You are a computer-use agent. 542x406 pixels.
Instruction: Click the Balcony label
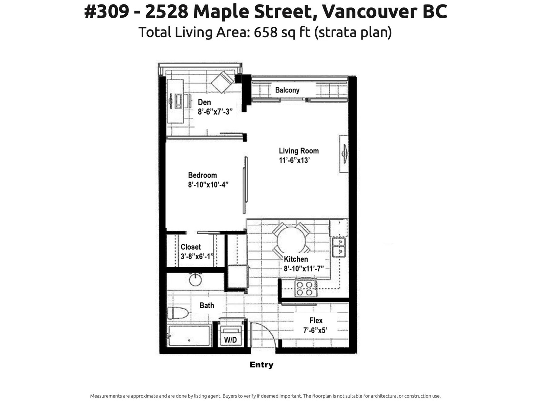[x=287, y=90]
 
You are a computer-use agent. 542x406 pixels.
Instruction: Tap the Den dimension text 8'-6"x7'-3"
[x=215, y=112]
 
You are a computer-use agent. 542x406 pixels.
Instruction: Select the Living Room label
[x=299, y=151]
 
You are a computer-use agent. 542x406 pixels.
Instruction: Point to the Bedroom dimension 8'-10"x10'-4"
[x=208, y=185]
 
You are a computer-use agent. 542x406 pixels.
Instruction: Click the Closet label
[x=191, y=247]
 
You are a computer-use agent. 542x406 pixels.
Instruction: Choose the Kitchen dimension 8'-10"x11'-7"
[x=304, y=268]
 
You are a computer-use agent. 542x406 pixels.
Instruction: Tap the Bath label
[x=207, y=306]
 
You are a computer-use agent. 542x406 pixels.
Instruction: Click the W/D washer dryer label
[x=230, y=340]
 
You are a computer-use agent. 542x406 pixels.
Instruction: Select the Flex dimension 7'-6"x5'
[x=315, y=330]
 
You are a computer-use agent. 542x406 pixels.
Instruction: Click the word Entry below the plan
[x=262, y=365]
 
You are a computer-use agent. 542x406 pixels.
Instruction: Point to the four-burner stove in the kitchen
[x=306, y=288]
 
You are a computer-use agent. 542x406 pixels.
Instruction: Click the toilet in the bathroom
[x=178, y=313]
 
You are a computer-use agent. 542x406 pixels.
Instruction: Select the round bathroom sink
[x=195, y=279]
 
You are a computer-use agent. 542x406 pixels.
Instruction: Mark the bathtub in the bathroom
[x=189, y=336]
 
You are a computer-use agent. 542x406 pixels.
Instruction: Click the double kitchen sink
[x=339, y=247]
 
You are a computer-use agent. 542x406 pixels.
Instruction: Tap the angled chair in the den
[x=222, y=82]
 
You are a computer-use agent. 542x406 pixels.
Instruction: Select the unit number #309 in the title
[x=107, y=12]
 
